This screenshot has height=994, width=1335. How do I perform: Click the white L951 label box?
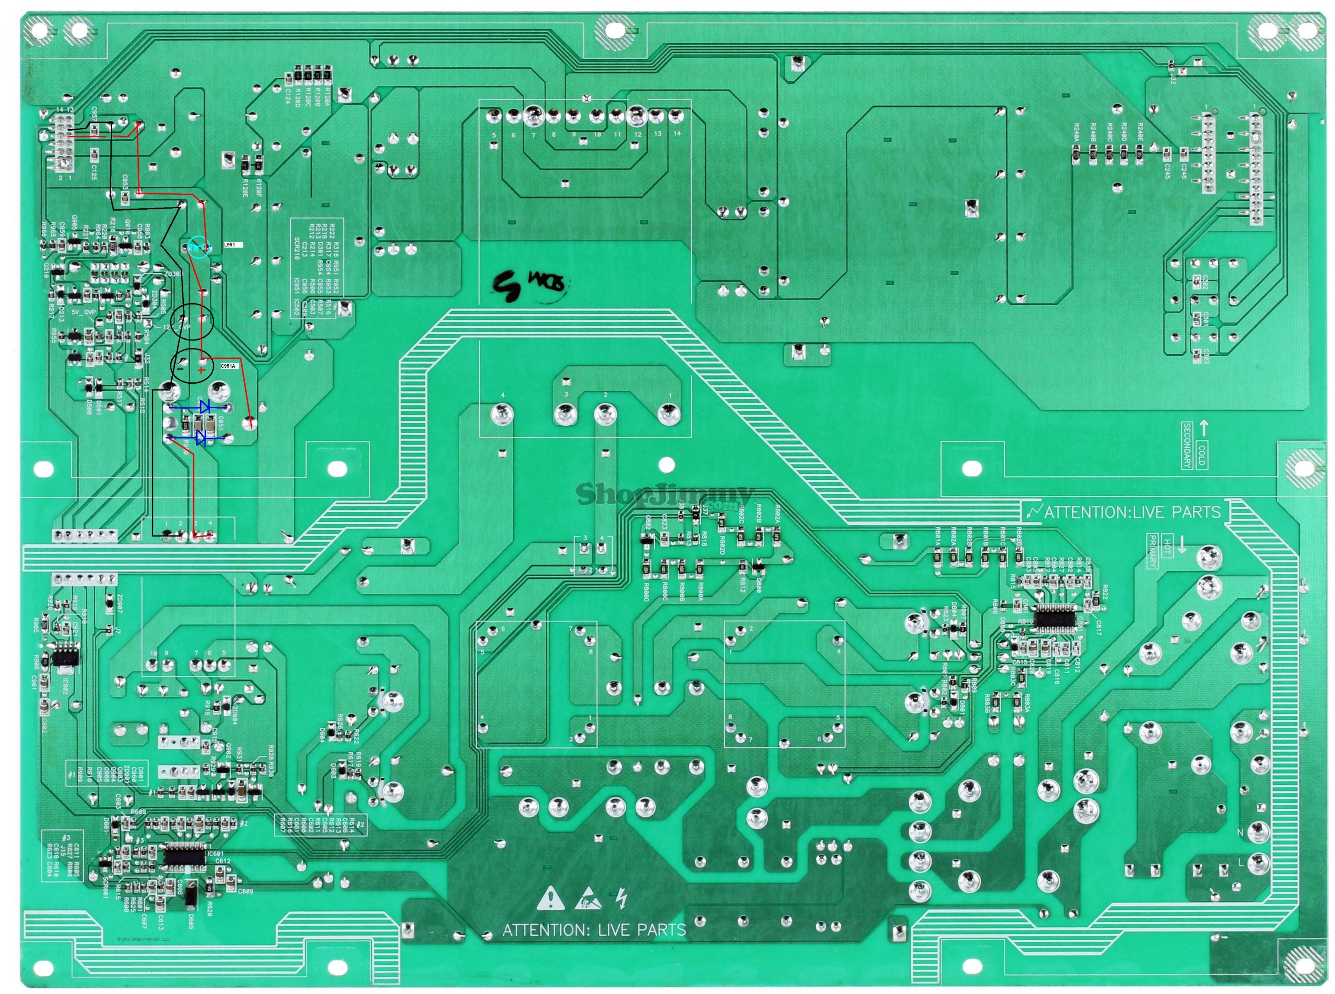click(232, 245)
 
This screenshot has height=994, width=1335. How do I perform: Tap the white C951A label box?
click(229, 366)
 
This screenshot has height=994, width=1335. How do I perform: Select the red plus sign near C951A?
click(201, 371)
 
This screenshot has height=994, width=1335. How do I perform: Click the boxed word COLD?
click(1201, 455)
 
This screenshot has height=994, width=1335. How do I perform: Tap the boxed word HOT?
click(1167, 546)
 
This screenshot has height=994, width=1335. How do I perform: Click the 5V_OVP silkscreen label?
click(84, 312)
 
